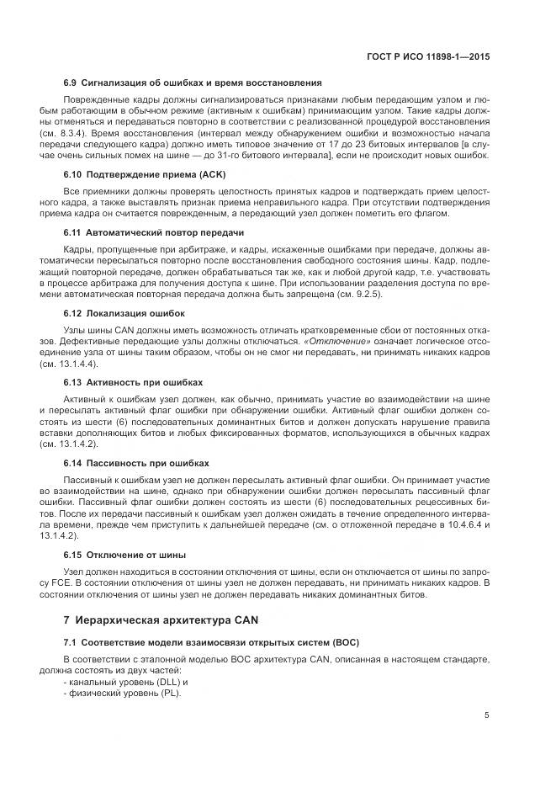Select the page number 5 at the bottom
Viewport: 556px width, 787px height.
pos(487,715)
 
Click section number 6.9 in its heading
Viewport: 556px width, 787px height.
pos(70,82)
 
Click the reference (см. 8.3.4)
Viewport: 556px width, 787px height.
pos(64,134)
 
